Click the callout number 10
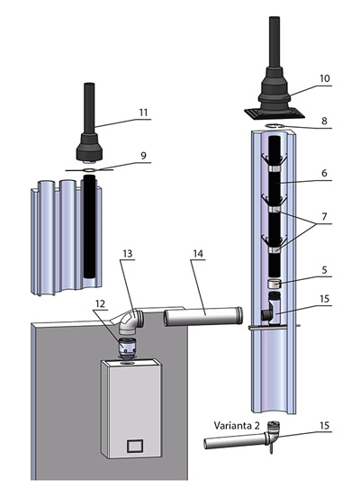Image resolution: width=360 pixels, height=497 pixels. (325, 78)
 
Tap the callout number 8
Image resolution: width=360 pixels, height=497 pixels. (324, 121)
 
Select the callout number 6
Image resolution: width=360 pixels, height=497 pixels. (324, 173)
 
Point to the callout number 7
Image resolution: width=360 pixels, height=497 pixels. (324, 216)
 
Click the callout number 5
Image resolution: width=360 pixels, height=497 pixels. (324, 270)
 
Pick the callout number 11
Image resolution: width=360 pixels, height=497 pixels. (144, 113)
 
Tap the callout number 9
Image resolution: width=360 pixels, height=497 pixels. (144, 156)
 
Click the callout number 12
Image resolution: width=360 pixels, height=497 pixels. (100, 303)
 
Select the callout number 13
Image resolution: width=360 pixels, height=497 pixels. (128, 254)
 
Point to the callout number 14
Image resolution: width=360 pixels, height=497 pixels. (198, 254)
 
